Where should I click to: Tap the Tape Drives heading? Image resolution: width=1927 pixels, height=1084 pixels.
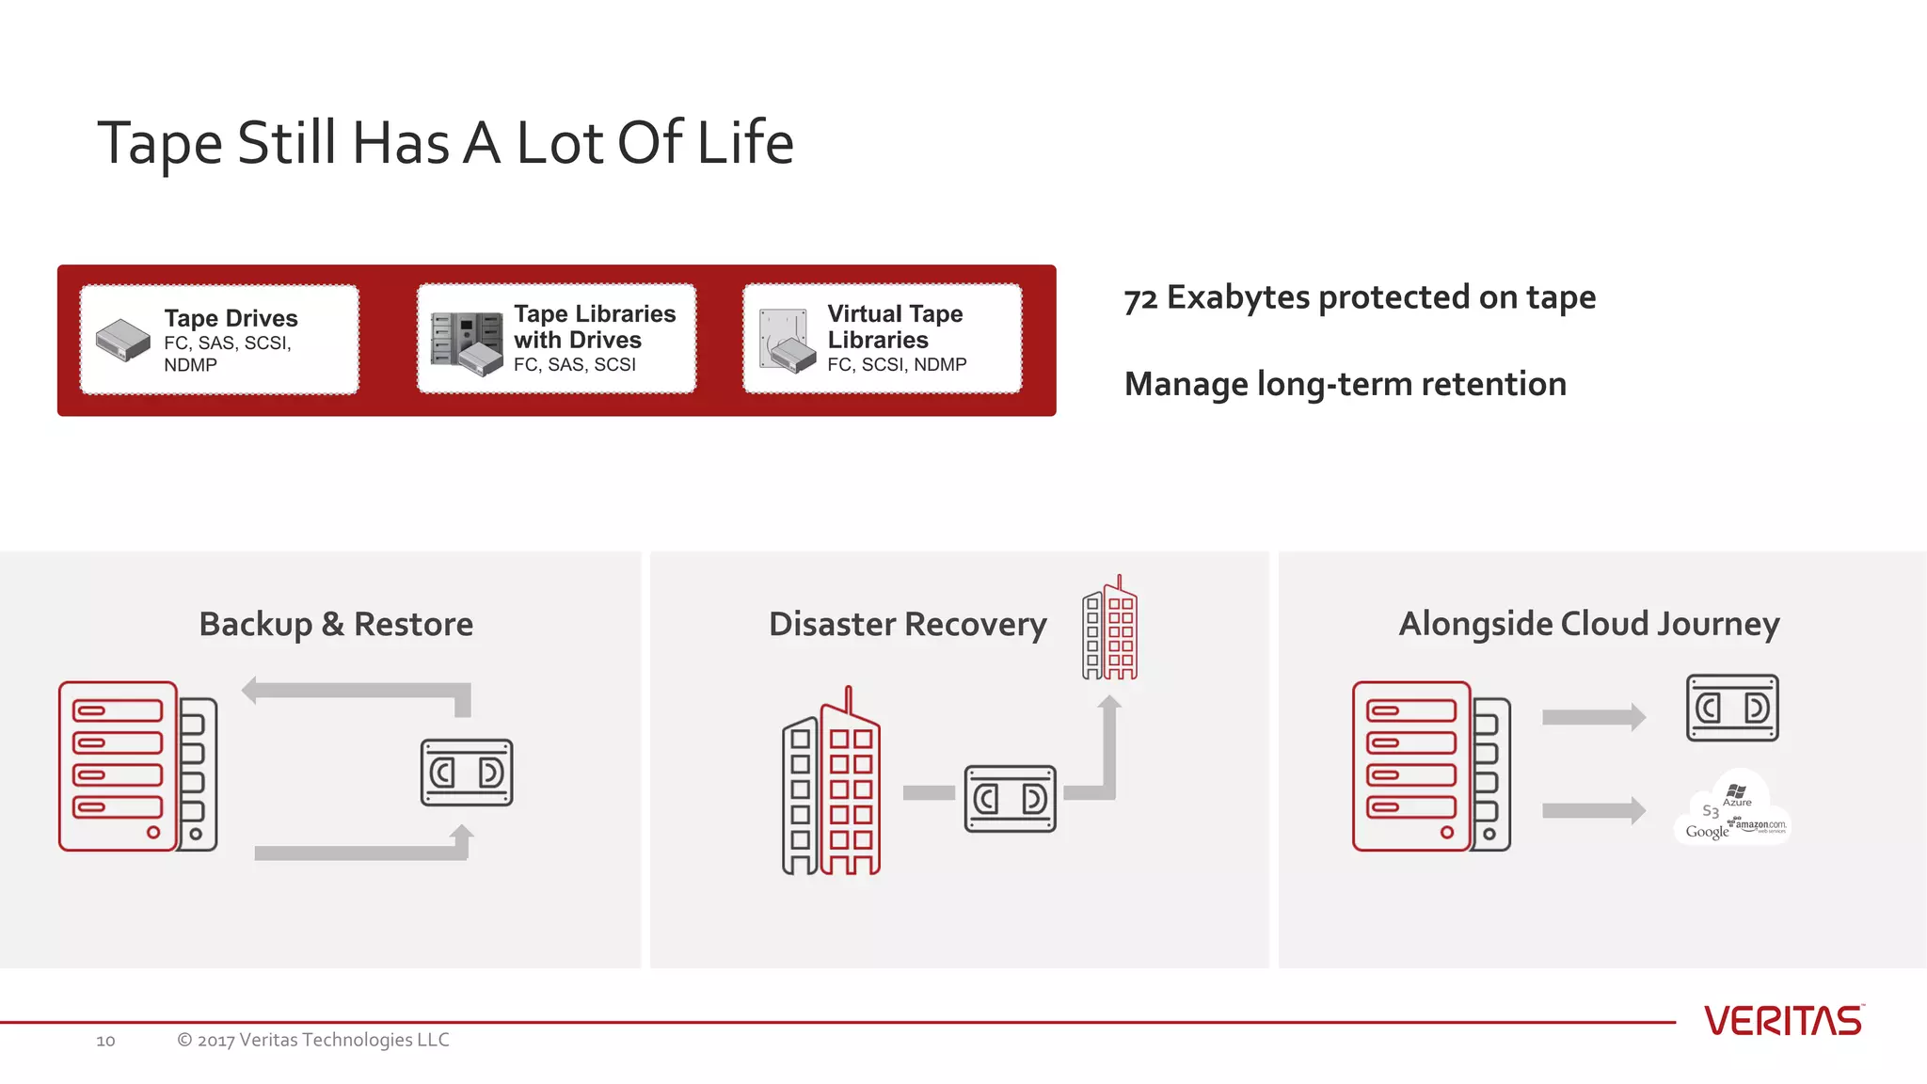[x=231, y=318]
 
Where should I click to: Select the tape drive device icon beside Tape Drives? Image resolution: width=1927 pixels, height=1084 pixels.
[x=123, y=340]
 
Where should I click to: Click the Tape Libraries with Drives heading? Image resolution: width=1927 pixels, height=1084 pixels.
[x=594, y=327]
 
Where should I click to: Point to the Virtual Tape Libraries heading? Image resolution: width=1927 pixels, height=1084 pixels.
[x=895, y=327]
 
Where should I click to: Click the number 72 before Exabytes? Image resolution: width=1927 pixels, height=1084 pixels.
[x=1140, y=299]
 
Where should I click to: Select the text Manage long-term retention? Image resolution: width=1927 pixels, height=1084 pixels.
[x=1345, y=384]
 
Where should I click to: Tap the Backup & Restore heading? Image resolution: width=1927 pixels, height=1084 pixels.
[x=336, y=624]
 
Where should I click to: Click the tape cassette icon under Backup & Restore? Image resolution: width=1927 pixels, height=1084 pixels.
[x=467, y=773]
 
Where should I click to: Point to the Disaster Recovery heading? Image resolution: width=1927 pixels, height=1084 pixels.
[x=907, y=624]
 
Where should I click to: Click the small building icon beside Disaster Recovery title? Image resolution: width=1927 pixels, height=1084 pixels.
[x=1109, y=630]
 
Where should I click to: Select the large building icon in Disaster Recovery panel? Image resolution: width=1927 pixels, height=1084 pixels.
[x=832, y=789]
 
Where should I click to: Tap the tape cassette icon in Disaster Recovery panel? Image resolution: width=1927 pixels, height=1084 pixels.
[x=1010, y=799]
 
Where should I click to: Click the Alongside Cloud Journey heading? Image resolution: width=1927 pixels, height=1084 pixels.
[x=1588, y=624]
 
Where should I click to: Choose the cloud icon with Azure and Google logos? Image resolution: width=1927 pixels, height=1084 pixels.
[x=1732, y=811]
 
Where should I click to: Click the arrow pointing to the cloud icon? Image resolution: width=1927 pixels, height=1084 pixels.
[x=1593, y=810]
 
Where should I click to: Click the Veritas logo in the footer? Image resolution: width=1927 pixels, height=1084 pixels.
[x=1782, y=1021]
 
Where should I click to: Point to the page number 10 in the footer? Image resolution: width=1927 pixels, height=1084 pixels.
[x=105, y=1041]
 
